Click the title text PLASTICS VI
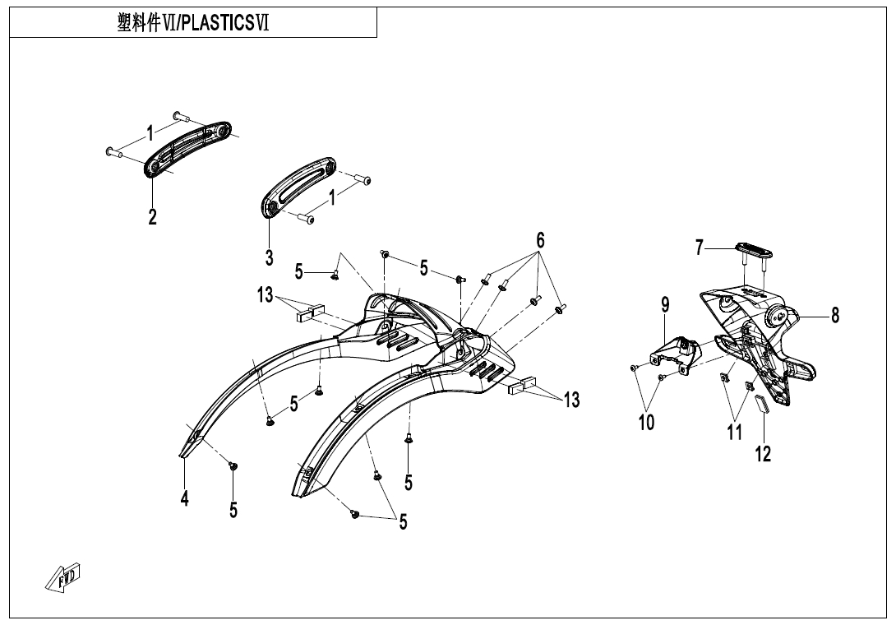(194, 22)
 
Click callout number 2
(152, 217)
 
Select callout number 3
(269, 257)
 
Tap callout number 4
(185, 498)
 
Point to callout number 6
(540, 240)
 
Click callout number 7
(700, 247)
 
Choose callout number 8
(835, 314)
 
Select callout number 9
(665, 304)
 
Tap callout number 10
(646, 423)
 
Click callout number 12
(764, 453)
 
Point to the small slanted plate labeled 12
(760, 405)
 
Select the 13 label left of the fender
(265, 294)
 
